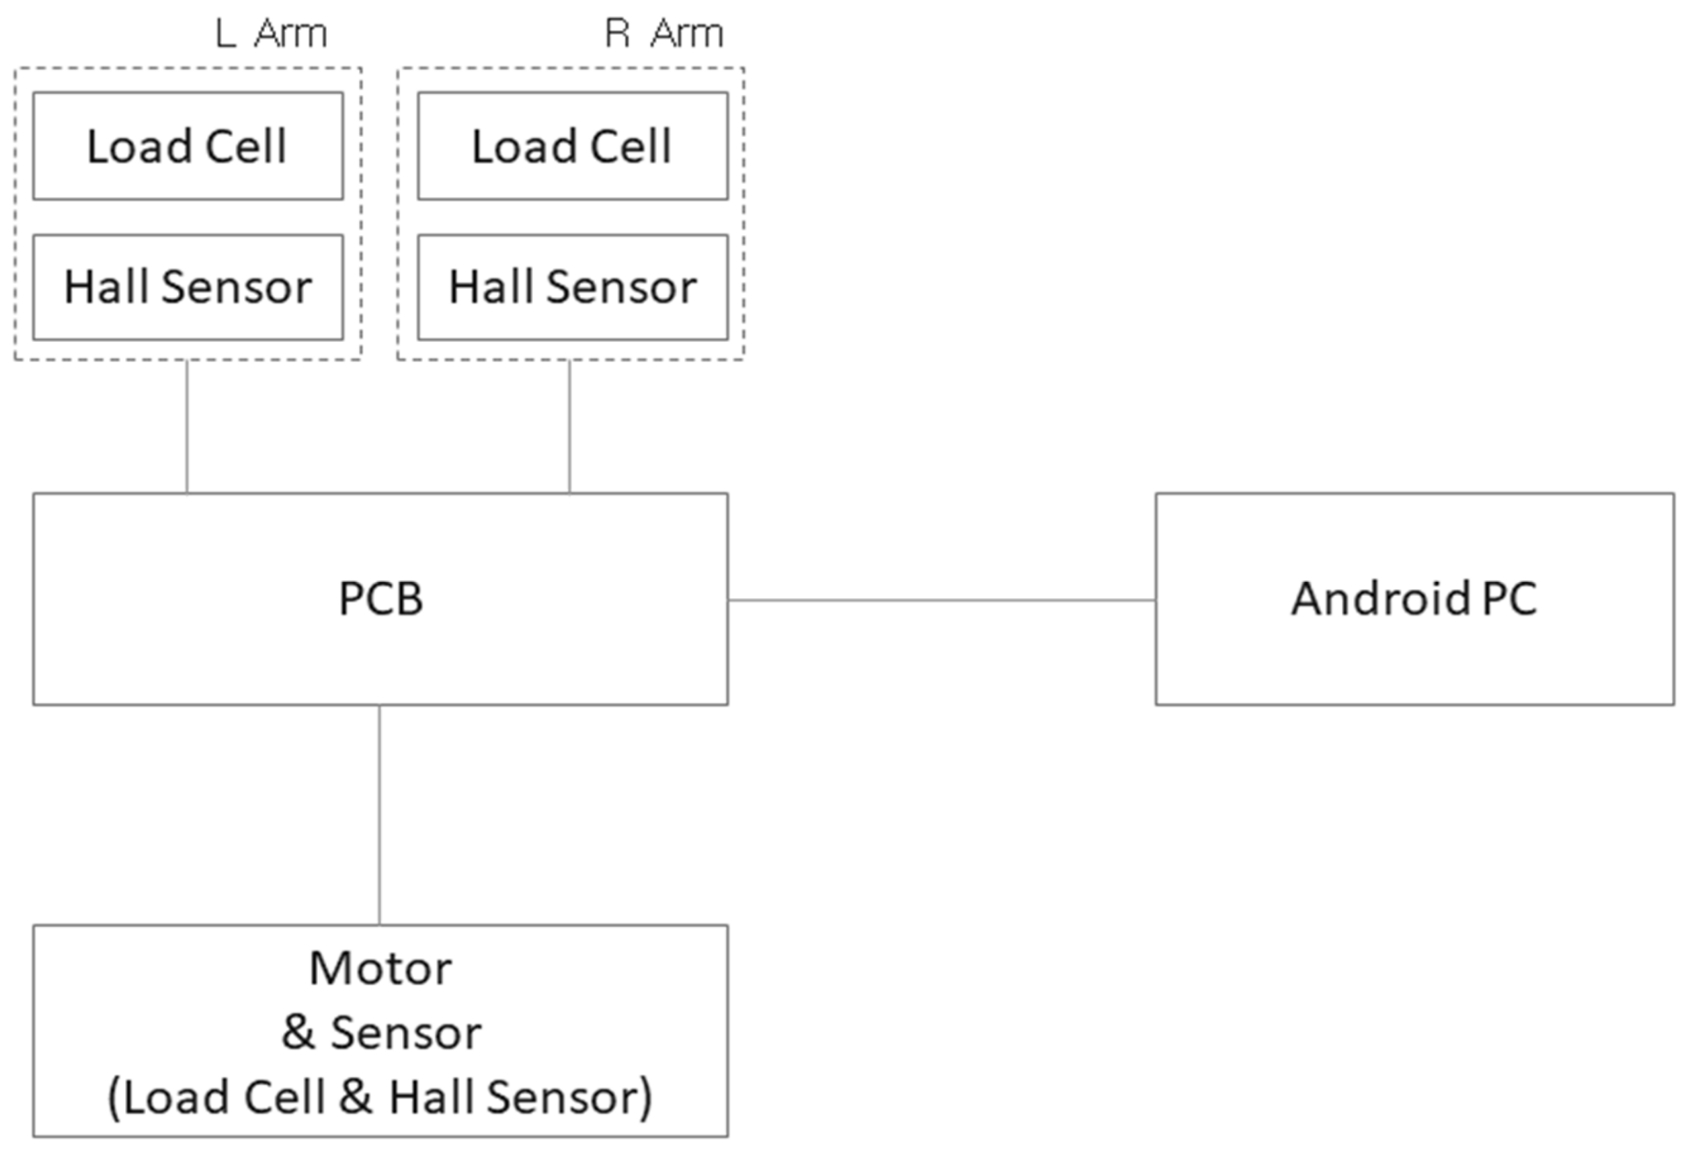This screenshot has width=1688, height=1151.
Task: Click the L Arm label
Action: [271, 34]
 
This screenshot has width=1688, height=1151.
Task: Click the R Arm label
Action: [664, 34]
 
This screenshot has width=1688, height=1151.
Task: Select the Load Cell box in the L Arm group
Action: [188, 146]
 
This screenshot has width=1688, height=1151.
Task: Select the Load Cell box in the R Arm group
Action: [572, 146]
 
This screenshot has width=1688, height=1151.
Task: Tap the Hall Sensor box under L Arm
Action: [188, 287]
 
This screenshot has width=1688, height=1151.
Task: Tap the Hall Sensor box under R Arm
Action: [572, 287]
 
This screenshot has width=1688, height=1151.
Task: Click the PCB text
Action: [380, 599]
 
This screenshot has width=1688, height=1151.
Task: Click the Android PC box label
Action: [1414, 599]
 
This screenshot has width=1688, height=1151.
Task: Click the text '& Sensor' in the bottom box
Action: [380, 1032]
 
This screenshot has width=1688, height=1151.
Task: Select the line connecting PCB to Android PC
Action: [941, 600]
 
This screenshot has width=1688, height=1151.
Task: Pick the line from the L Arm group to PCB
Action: [187, 426]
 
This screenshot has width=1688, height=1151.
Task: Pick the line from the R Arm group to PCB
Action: [569, 426]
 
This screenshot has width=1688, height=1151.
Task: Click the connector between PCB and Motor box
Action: [379, 814]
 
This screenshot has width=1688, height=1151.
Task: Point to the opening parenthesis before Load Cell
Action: [114, 1097]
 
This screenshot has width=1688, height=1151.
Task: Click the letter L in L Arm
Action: [225, 34]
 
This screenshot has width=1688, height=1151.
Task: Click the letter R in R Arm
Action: [616, 34]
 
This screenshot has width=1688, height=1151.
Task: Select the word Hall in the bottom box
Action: [432, 1096]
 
